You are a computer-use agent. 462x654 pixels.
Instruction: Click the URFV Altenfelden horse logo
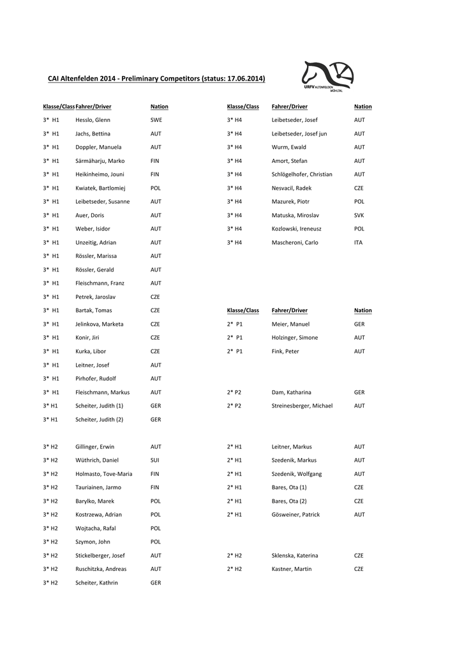pos(328,77)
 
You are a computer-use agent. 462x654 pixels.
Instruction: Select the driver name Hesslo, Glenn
pos(93,120)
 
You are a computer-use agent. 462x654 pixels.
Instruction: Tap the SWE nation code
pos(156,120)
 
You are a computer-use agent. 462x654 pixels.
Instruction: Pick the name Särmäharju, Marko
pos(100,161)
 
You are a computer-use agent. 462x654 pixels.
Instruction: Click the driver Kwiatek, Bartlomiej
pos(100,188)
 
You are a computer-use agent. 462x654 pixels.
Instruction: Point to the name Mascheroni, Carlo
pos(294,243)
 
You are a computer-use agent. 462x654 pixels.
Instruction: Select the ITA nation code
pos(358,243)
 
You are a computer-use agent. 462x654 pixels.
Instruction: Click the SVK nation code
pos(359,215)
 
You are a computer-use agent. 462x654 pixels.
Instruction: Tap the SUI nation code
pos(155,460)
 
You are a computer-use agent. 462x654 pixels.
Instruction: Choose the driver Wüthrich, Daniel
pos(96,460)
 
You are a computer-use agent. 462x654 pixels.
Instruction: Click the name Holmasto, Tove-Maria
pos(103,474)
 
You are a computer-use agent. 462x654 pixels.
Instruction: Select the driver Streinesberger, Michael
pos(302,406)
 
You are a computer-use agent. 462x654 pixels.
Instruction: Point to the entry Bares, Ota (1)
pos(289,487)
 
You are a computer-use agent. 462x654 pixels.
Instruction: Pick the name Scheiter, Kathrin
pos(96,582)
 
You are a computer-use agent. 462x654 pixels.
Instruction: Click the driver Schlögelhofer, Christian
pos(302,174)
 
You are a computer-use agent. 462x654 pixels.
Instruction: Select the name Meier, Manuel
pos(290,324)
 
